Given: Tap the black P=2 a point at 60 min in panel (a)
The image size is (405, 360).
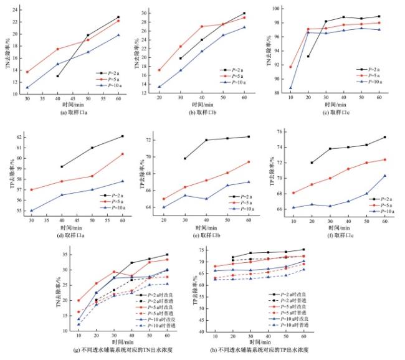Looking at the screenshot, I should pyautogui.click(x=118, y=17).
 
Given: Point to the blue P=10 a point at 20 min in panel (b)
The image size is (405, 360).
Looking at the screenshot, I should pyautogui.click(x=160, y=87).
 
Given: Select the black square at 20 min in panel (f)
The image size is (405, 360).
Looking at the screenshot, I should pyautogui.click(x=312, y=163).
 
